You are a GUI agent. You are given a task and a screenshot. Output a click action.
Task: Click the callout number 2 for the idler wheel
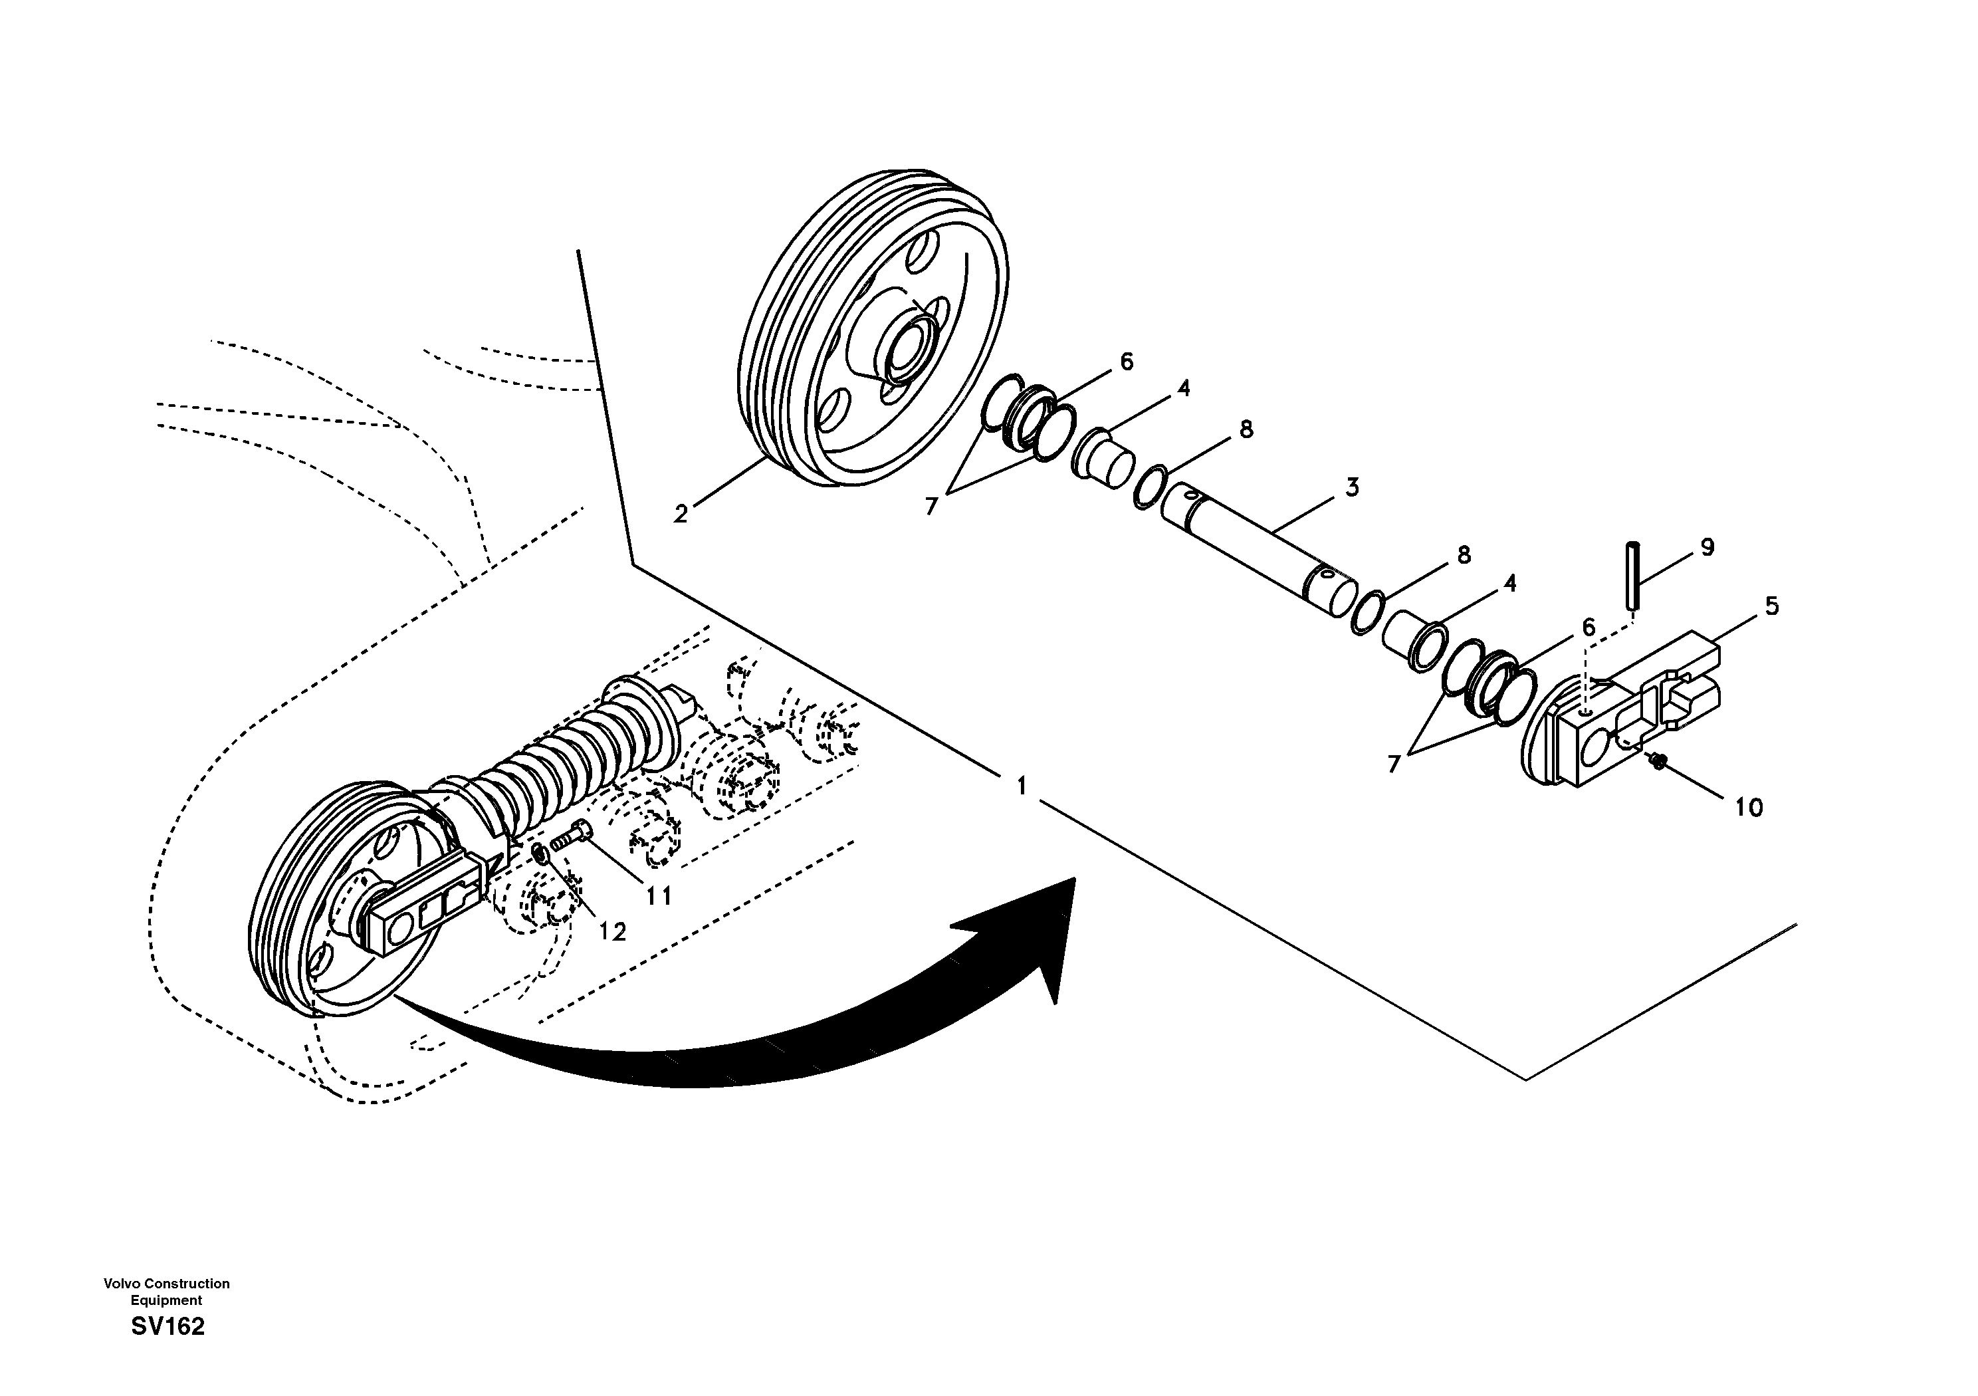pyautogui.click(x=681, y=515)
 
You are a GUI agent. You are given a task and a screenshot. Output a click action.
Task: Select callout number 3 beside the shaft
pyautogui.click(x=1352, y=488)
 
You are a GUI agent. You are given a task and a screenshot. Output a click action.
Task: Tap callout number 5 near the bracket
pyautogui.click(x=1772, y=606)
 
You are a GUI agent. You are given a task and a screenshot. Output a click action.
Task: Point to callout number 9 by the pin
pyautogui.click(x=1707, y=547)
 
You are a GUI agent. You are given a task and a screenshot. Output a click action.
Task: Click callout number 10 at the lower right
pyautogui.click(x=1749, y=808)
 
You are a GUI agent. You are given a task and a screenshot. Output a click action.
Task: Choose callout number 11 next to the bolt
pyautogui.click(x=659, y=896)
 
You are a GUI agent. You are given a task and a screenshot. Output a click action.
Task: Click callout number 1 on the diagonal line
pyautogui.click(x=1022, y=786)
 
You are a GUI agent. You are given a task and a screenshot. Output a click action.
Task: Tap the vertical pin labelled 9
pyautogui.click(x=1632, y=575)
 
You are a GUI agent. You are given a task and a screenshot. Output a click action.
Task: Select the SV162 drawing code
pyautogui.click(x=168, y=1327)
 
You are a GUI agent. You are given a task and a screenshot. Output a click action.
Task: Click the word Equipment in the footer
pyautogui.click(x=166, y=1300)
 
